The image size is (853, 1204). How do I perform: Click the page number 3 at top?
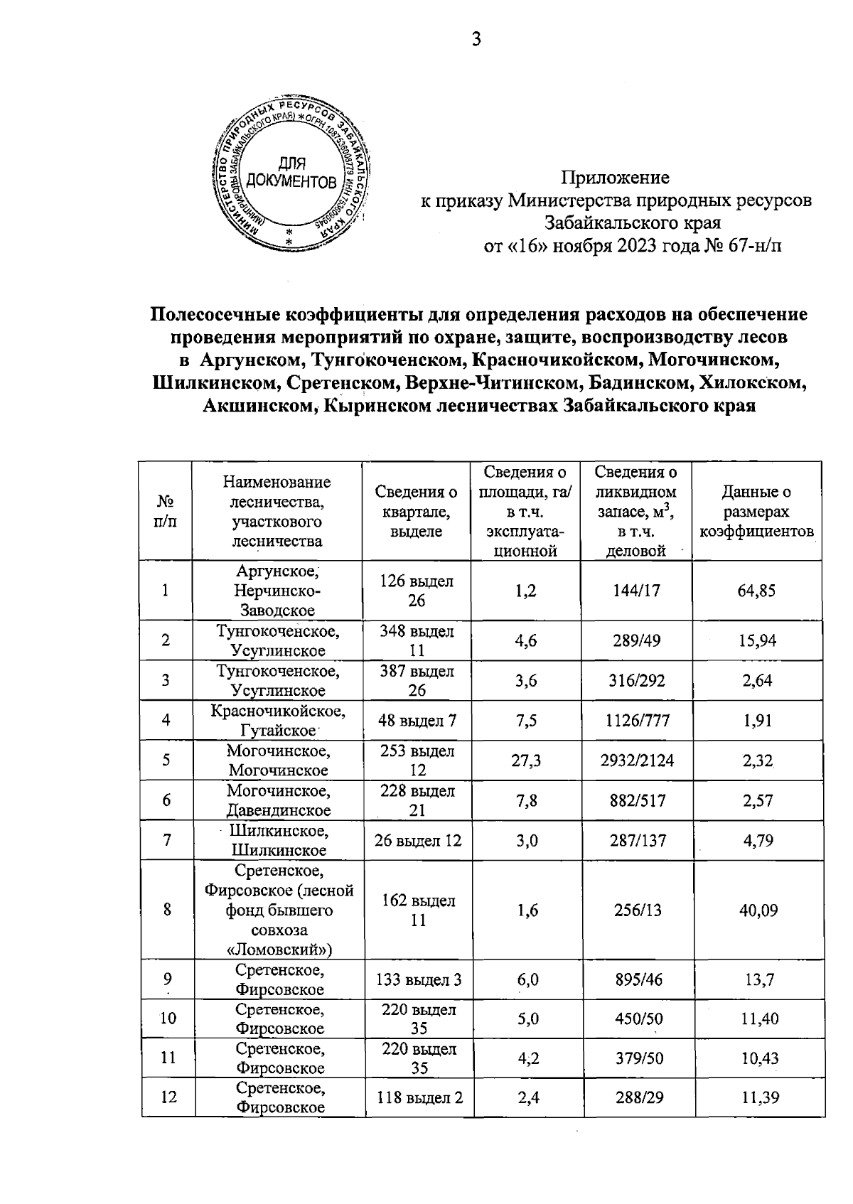point(476,41)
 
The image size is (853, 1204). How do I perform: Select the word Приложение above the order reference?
point(616,178)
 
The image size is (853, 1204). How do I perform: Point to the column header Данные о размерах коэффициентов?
point(757,512)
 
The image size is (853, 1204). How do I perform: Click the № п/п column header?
point(166,512)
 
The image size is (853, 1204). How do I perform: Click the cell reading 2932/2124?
point(635,760)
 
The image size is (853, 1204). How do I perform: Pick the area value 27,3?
point(526,760)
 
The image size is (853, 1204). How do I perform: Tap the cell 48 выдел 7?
point(417,721)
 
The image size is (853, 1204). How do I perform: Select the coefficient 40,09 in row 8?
point(758,910)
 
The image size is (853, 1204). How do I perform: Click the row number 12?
point(168,1097)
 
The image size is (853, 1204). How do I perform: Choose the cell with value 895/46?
point(635,980)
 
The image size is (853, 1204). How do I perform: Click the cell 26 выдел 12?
point(417,841)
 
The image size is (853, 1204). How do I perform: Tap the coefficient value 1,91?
point(757,721)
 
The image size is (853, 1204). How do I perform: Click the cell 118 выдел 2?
point(417,1097)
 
